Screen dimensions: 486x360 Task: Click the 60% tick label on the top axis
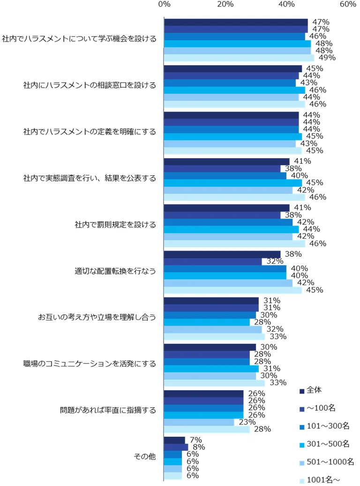348,4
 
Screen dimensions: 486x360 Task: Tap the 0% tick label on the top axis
164,4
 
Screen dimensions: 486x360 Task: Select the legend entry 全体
314,390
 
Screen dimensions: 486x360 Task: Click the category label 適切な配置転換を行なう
115,271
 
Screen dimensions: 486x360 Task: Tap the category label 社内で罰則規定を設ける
115,224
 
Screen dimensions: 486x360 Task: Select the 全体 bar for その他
174,440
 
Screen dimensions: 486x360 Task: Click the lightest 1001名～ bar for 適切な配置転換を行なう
233,290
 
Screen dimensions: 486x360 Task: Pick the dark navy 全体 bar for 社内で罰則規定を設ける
226,208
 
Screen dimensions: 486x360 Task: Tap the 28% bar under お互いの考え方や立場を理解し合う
207,322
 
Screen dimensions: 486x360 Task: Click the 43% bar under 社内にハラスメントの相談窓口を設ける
230,83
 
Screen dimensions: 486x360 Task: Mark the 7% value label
195,440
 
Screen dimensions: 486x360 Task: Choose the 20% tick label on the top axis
225,4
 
